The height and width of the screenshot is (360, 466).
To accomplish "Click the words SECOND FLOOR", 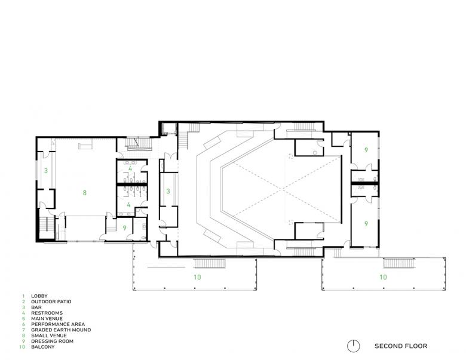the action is [x=401, y=346].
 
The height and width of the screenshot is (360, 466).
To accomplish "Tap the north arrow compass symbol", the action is [x=353, y=346].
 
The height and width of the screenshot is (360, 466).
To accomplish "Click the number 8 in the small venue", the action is [x=85, y=193].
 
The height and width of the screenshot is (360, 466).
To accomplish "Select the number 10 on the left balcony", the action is [x=197, y=277].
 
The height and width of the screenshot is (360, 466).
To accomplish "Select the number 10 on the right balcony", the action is [x=383, y=277].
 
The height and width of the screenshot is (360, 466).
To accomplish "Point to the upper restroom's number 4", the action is [x=130, y=169].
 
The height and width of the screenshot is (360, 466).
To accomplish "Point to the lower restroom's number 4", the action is [x=128, y=205].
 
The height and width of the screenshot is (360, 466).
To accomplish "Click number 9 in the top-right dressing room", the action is [x=366, y=150].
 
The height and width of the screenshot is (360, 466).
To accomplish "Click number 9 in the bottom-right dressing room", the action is [x=366, y=224].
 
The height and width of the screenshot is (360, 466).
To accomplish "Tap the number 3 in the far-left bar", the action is [x=46, y=171].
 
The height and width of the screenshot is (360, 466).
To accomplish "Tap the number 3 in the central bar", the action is [x=168, y=191].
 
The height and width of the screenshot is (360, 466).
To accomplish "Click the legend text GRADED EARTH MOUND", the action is [x=61, y=330].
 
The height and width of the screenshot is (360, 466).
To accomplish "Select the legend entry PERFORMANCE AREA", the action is [x=58, y=324].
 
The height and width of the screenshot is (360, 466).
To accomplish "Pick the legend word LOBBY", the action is [x=39, y=296].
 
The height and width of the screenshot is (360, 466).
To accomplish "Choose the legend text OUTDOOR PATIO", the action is [x=51, y=301].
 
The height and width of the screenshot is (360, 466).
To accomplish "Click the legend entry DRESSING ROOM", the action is [x=52, y=341].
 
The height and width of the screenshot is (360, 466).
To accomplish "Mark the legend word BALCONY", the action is [x=43, y=347].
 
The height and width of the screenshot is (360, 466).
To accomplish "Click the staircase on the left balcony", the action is [x=210, y=263].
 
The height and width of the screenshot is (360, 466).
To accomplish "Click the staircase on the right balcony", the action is [x=399, y=263].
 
